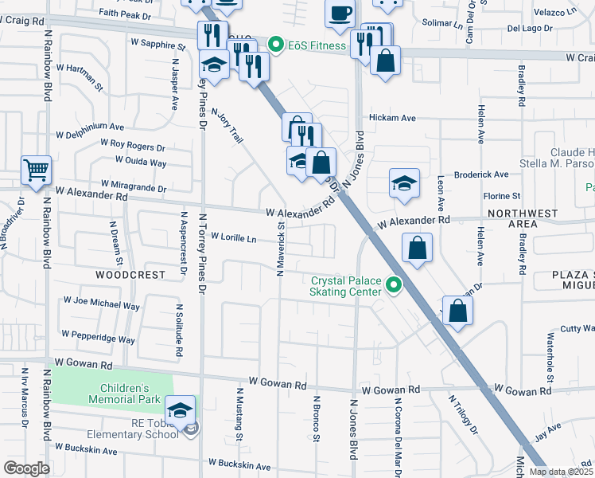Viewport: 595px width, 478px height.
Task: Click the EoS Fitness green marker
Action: point(277,45)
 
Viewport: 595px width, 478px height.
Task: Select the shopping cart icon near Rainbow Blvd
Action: point(36,170)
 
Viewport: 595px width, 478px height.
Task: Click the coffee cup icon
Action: point(340,14)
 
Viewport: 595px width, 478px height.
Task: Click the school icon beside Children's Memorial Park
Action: point(181,409)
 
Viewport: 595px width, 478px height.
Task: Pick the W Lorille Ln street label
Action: point(234,237)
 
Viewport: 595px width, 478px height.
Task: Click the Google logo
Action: point(26,468)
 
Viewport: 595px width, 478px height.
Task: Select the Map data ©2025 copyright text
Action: point(561,472)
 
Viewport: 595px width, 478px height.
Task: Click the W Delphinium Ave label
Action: point(89,126)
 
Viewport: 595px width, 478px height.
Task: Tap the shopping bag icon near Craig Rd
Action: point(385,61)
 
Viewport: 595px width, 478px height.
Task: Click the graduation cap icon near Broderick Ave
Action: point(404,183)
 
